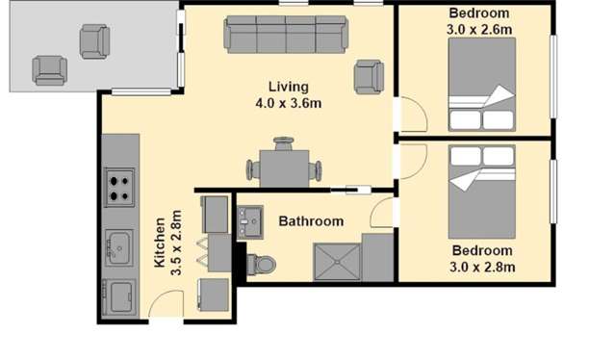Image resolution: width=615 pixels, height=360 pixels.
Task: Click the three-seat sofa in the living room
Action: pyautogui.click(x=285, y=35)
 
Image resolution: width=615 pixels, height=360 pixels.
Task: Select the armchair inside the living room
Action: pyautogui.click(x=368, y=76)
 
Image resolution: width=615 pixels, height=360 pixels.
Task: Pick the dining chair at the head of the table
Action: pyautogui.click(x=283, y=145)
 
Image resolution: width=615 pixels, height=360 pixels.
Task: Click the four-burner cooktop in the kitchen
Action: pyautogui.click(x=119, y=187)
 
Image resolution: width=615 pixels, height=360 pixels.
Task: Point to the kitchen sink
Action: pyautogui.click(x=118, y=247)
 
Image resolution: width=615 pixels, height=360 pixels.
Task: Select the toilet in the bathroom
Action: pyautogui.click(x=264, y=263)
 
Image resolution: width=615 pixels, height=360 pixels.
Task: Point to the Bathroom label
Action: pyautogui.click(x=310, y=221)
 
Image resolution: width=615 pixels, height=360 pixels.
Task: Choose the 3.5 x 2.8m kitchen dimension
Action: pyautogui.click(x=176, y=244)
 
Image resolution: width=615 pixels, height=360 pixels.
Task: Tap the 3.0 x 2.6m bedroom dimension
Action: pyautogui.click(x=478, y=29)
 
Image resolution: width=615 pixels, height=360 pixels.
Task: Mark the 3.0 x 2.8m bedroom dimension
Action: pyautogui.click(x=484, y=267)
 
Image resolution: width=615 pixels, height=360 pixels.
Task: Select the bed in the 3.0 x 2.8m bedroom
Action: pyautogui.click(x=482, y=192)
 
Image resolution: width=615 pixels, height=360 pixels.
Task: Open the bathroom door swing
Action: pyautogui.click(x=382, y=215)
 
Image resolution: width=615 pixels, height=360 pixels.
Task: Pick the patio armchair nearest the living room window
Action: pyautogui.click(x=95, y=40)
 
